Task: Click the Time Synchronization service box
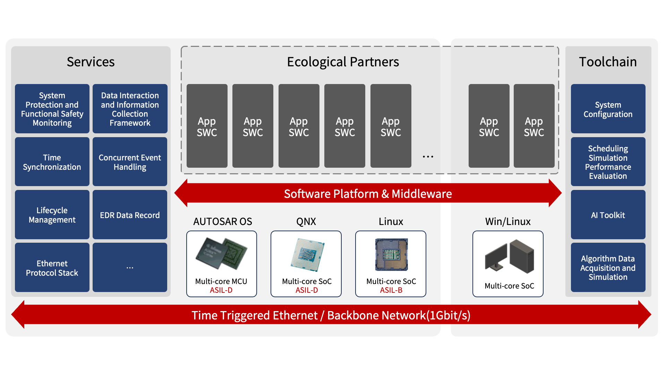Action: coord(52,162)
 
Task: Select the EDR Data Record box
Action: coord(130,215)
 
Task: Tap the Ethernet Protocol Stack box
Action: coord(52,268)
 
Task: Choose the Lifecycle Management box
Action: coord(52,215)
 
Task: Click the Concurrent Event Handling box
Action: coord(130,162)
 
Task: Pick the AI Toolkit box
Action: coord(608,215)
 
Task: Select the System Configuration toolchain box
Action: coord(608,109)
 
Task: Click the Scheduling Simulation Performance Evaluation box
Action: coord(608,162)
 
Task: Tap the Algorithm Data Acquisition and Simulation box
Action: coord(608,268)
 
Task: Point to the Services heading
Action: coord(91,62)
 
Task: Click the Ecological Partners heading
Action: coord(343,62)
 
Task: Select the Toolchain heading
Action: coord(608,62)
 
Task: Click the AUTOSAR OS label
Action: coord(222,222)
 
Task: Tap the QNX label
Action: coord(306,222)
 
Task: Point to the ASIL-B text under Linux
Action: coord(391,290)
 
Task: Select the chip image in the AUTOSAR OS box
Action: coord(221,253)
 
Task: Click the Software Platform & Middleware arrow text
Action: coord(368,194)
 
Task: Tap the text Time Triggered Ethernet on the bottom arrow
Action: coord(255,315)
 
